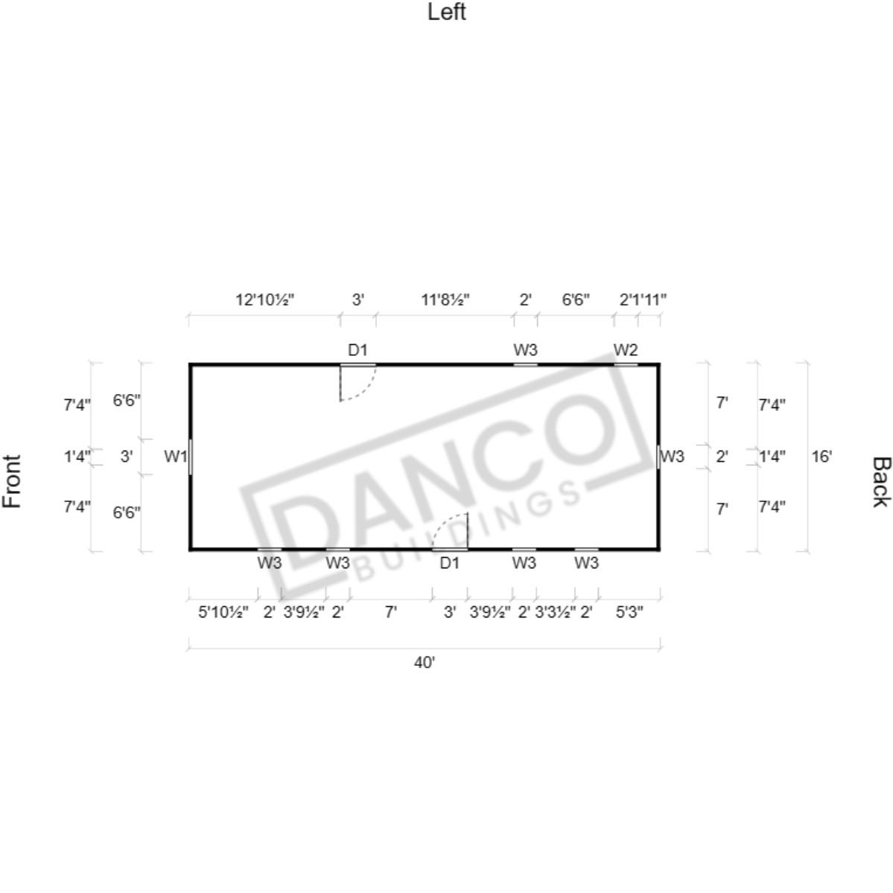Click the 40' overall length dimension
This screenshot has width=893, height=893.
(425, 662)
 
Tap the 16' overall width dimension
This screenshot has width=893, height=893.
(822, 456)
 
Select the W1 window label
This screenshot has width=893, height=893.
(176, 456)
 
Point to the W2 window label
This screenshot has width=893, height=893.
(626, 350)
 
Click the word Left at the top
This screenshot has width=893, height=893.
(447, 12)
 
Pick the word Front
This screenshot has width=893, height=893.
(12, 481)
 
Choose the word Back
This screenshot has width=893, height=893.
(880, 481)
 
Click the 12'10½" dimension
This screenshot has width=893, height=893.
(265, 299)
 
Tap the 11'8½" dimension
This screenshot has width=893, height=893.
(445, 299)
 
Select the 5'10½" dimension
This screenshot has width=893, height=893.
(223, 612)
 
